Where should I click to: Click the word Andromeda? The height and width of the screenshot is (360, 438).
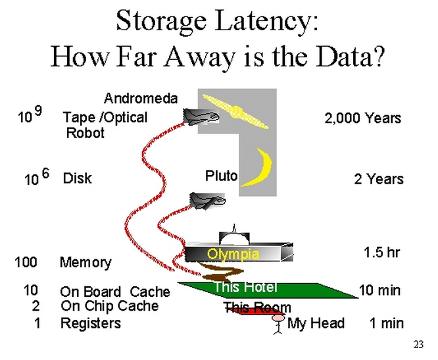click(x=141, y=99)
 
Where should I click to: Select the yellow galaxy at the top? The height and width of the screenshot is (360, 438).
click(x=235, y=111)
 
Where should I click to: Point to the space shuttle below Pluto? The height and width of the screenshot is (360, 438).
click(x=207, y=200)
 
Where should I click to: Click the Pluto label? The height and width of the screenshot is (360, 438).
click(x=221, y=176)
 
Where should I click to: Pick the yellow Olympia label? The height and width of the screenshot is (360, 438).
click(x=233, y=254)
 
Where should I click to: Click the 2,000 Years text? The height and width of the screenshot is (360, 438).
click(x=362, y=118)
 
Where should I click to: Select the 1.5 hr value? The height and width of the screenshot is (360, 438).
click(x=381, y=253)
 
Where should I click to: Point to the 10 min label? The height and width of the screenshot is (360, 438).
click(x=379, y=290)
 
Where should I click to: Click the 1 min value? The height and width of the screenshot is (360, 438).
click(x=386, y=323)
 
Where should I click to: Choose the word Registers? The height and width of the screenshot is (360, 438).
click(x=91, y=323)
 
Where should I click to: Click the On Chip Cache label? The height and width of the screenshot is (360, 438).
click(x=109, y=306)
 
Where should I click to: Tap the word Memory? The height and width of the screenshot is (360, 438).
click(x=85, y=263)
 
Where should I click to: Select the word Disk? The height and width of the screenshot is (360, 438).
click(x=77, y=178)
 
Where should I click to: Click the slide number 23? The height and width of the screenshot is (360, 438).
click(x=419, y=344)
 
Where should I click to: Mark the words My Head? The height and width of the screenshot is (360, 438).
click(x=316, y=323)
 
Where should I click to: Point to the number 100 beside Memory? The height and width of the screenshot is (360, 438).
click(x=26, y=263)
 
